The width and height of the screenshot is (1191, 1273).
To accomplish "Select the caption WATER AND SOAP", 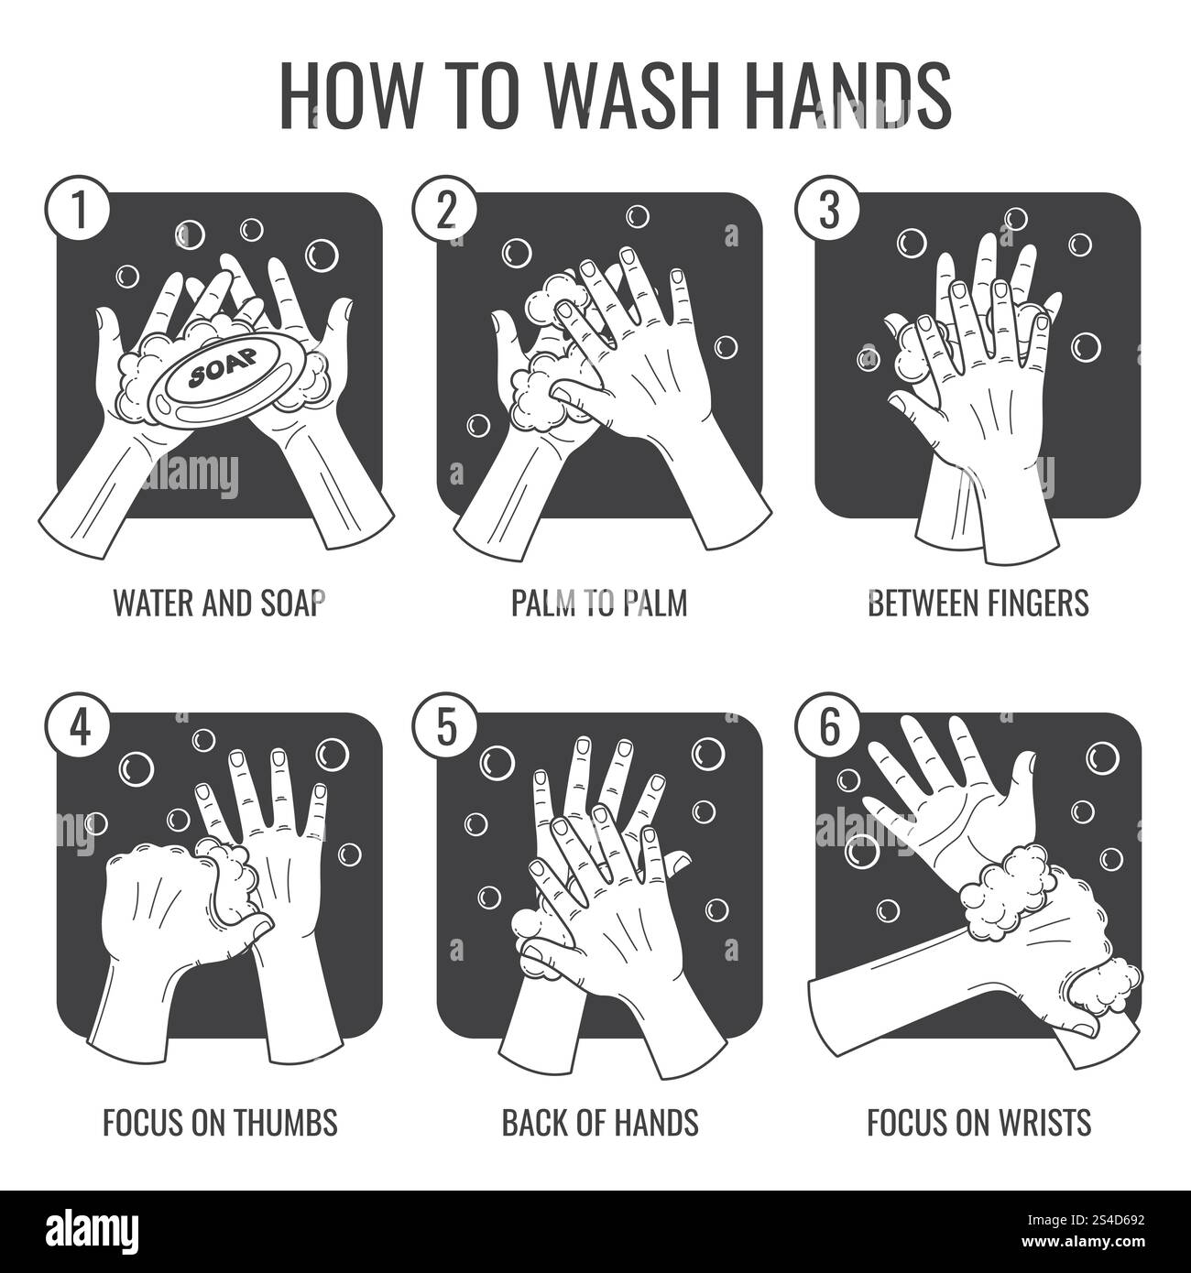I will coord(219,603).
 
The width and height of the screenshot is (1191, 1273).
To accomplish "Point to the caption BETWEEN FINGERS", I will coord(978,603).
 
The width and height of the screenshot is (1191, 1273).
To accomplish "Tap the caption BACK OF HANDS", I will coord(599,1121).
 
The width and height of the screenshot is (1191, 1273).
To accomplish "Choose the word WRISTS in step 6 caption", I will coord(1041,1121).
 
